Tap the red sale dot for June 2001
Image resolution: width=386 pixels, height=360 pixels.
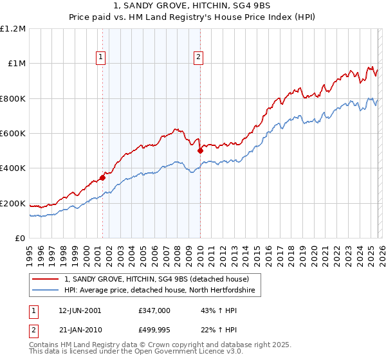click(x=102, y=178)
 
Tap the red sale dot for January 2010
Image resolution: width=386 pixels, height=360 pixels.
click(x=200, y=151)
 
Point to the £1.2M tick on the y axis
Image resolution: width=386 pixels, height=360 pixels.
click(x=13, y=29)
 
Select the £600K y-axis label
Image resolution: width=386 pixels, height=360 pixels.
click(x=13, y=134)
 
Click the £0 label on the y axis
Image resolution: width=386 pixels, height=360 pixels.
click(x=20, y=239)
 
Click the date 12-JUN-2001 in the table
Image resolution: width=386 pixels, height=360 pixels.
click(x=80, y=310)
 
